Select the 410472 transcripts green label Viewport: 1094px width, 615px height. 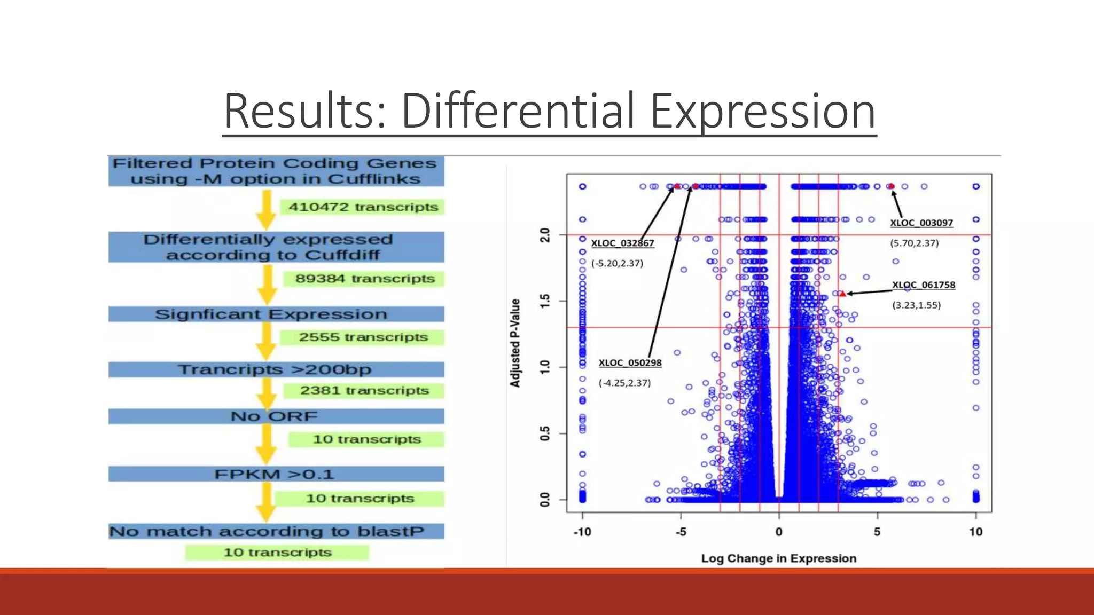point(363,207)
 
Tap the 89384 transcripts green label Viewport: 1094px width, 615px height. point(365,279)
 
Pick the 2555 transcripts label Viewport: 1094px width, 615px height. point(363,337)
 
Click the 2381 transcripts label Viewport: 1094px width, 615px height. point(364,391)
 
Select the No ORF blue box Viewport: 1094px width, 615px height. point(276,416)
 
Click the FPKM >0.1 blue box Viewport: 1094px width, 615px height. point(276,474)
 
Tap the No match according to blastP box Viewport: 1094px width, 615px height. point(276,531)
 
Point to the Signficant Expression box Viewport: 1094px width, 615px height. point(276,314)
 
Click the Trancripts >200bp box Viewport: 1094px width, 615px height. point(276,369)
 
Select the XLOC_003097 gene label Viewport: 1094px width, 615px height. point(921,223)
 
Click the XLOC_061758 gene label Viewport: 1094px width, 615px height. point(923,285)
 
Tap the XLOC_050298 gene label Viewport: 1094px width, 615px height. point(630,363)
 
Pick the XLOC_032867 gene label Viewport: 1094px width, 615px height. point(622,243)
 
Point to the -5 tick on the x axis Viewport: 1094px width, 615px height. point(681,532)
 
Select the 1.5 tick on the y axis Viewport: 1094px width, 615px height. point(545,301)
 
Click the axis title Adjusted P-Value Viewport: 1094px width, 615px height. point(515,343)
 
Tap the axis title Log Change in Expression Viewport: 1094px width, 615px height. point(778,558)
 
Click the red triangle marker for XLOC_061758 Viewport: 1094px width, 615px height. point(843,294)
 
